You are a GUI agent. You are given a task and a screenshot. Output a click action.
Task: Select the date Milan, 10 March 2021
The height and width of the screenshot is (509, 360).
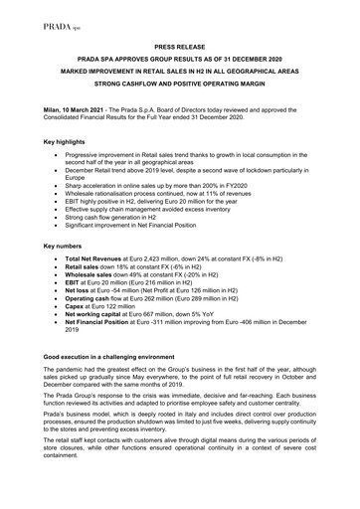(x=72, y=117)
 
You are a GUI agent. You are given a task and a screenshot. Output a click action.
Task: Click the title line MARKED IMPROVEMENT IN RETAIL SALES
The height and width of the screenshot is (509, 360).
(x=179, y=73)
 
